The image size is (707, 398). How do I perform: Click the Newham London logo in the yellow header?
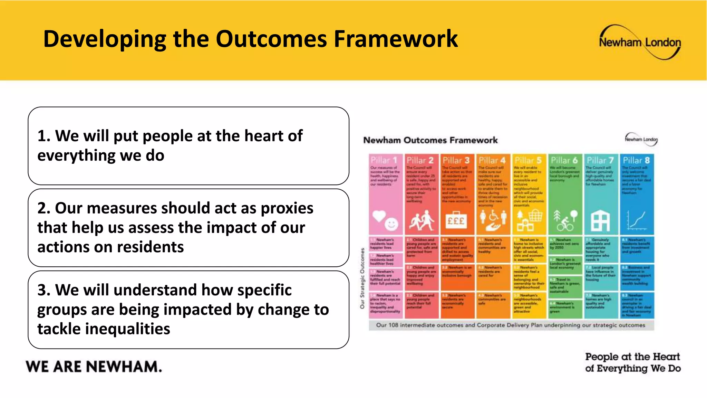click(x=640, y=42)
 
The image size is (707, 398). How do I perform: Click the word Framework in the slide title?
click(x=396, y=39)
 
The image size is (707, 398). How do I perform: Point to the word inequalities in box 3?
click(x=104, y=329)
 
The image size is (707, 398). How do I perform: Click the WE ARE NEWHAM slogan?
click(x=94, y=367)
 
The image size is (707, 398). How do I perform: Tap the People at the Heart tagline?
click(x=632, y=362)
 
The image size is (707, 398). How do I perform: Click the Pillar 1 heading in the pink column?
click(x=384, y=160)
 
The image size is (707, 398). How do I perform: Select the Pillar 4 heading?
click(x=492, y=160)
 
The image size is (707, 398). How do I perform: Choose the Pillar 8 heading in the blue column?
click(x=636, y=160)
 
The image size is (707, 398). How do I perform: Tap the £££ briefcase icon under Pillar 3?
click(x=456, y=220)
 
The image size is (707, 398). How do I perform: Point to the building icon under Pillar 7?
click(x=600, y=221)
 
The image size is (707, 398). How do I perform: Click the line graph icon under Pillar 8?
click(x=636, y=220)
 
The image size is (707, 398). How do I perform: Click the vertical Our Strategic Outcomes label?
click(x=362, y=278)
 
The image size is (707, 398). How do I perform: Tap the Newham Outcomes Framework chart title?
click(x=430, y=140)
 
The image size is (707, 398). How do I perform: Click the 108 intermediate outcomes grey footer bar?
click(x=511, y=325)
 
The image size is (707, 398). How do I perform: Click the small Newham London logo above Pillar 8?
click(x=641, y=140)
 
